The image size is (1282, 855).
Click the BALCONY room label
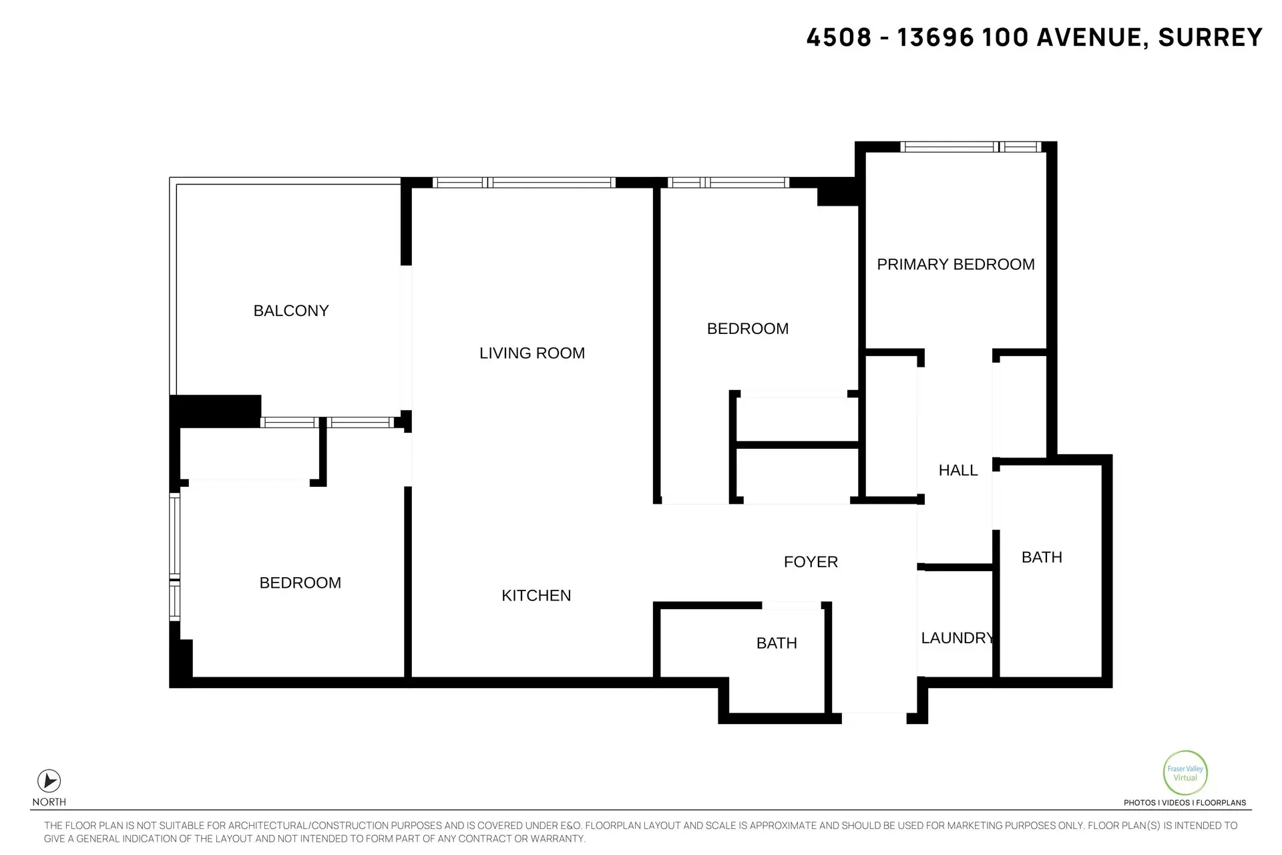(x=290, y=311)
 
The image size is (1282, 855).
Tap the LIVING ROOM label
(x=531, y=353)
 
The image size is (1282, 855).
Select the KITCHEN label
(x=536, y=595)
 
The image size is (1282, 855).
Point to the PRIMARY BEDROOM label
(x=955, y=265)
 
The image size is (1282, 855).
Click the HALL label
(x=957, y=470)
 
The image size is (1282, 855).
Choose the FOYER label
(x=810, y=562)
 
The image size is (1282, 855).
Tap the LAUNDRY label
(x=956, y=638)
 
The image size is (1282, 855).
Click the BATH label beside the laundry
(x=1041, y=557)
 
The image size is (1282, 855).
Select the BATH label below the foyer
(x=776, y=643)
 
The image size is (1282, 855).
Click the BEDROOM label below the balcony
(x=300, y=582)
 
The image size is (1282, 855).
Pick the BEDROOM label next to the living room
(x=747, y=329)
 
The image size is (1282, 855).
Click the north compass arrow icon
(x=49, y=780)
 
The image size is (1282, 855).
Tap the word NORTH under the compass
(x=49, y=802)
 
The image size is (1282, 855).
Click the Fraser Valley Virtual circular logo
(x=1185, y=773)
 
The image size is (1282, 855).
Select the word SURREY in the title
(x=1209, y=37)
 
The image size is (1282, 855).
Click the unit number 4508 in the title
(x=839, y=37)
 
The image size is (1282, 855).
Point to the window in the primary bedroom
(x=970, y=147)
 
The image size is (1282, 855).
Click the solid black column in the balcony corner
(x=215, y=411)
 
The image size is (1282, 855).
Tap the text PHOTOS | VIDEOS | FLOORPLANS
(x=1185, y=803)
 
